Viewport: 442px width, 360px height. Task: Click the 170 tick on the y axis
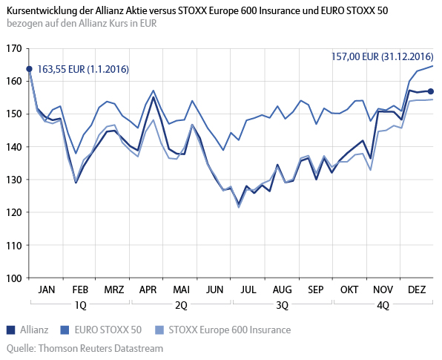click(x=13, y=48)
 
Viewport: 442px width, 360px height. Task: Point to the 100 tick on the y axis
click(x=13, y=278)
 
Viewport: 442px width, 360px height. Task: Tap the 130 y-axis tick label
click(x=13, y=180)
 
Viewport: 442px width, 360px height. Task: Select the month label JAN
click(x=46, y=289)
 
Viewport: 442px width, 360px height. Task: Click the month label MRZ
click(x=113, y=289)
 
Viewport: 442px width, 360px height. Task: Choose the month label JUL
click(x=248, y=289)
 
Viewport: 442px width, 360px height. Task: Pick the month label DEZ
click(x=416, y=289)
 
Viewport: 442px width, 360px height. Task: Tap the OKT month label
click(x=349, y=289)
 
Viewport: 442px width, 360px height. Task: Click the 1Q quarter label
click(x=79, y=304)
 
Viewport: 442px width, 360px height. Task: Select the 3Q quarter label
click(x=282, y=304)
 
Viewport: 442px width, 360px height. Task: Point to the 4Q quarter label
click(x=383, y=304)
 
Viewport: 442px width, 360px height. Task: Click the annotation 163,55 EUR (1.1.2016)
click(x=83, y=69)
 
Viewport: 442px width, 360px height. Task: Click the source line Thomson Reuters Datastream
click(x=84, y=347)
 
